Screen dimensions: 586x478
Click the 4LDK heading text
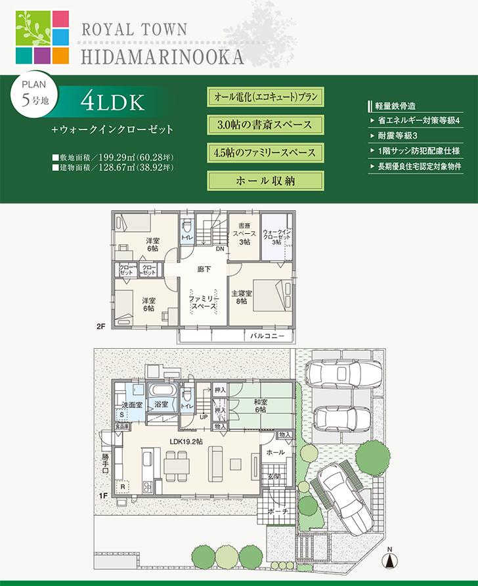tap(113, 102)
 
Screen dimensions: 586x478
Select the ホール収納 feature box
tap(265, 180)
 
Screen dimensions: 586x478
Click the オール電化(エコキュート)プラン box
tap(265, 97)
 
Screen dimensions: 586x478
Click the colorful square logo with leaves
tap(42, 37)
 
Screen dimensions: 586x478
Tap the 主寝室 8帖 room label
tap(240, 297)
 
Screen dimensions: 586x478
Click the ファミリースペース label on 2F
tap(203, 302)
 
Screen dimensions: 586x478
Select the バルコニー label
tap(267, 336)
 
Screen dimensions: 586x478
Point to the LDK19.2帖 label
tap(186, 441)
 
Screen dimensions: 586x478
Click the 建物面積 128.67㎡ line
tap(113, 168)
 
